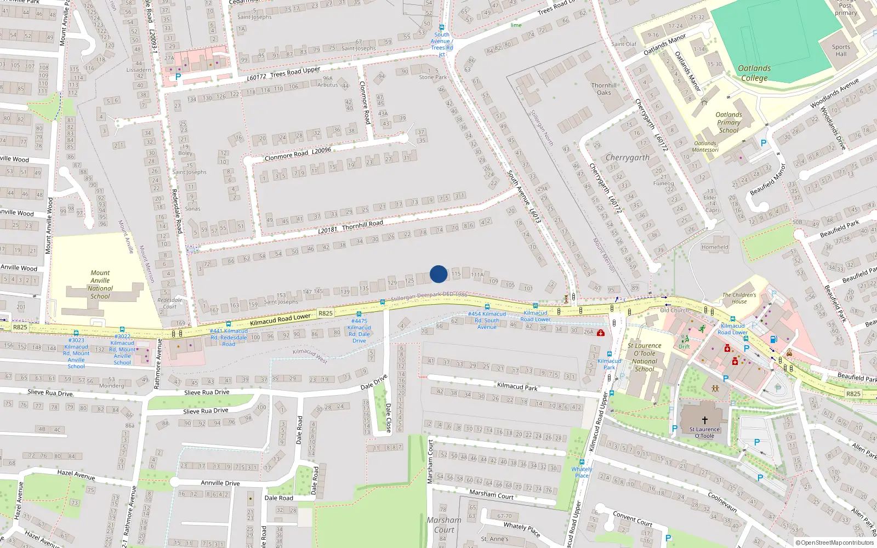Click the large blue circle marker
pos(438,274)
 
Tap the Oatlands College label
pos(754,73)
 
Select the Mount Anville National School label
pos(100,284)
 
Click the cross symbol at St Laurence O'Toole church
pos(704,420)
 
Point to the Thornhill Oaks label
pos(604,89)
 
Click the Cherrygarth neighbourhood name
pos(628,157)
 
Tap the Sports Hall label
pos(841,50)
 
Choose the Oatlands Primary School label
pos(728,123)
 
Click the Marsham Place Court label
pos(444,525)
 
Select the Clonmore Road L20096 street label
pos(298,154)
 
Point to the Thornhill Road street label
pos(351,226)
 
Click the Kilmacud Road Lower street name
pos(280,319)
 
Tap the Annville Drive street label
pos(220,483)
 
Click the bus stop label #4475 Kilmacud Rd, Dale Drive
pos(359,330)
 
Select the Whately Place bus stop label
pos(582,472)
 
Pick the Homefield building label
pos(715,247)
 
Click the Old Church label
pos(674,310)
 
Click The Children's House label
pos(739,298)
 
